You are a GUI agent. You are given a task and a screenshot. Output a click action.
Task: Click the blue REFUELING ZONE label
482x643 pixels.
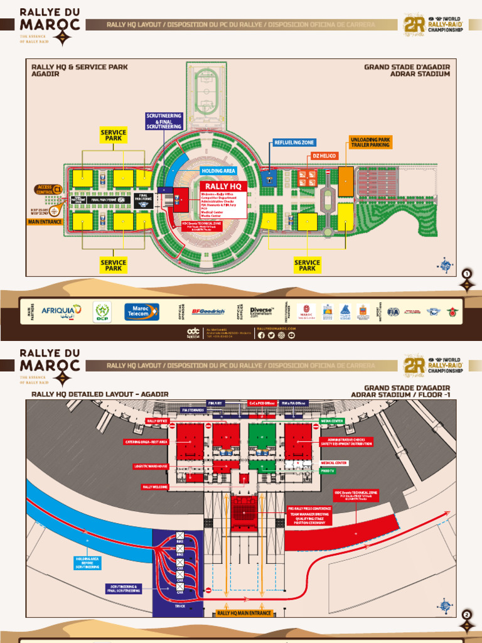pyautogui.click(x=294, y=143)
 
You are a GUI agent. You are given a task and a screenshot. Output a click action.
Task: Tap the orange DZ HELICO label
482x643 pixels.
pyautogui.click(x=324, y=155)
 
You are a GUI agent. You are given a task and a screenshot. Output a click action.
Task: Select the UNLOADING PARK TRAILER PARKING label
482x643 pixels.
pyautogui.click(x=370, y=142)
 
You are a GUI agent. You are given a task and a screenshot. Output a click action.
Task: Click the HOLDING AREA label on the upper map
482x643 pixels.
pyautogui.click(x=218, y=170)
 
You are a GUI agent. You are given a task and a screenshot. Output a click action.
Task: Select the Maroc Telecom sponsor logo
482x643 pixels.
pyautogui.click(x=141, y=311)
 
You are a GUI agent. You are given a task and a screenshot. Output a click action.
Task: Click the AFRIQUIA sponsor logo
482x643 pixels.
pyautogui.click(x=62, y=311)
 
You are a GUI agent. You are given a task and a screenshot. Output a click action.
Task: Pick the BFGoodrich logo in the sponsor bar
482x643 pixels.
pyautogui.click(x=208, y=311)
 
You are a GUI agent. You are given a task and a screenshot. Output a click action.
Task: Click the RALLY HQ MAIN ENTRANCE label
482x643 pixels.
pyautogui.click(x=244, y=613)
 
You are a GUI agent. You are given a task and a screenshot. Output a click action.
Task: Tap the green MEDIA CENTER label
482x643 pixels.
pyautogui.click(x=332, y=421)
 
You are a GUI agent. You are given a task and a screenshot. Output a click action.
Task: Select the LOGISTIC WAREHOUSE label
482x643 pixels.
pyautogui.click(x=151, y=466)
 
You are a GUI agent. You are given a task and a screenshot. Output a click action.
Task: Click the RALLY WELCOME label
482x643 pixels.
pyautogui.click(x=156, y=487)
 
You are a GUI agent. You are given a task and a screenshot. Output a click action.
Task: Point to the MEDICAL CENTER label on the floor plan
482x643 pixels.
pyautogui.click(x=334, y=463)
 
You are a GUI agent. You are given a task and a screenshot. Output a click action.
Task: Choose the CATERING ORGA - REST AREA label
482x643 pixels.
pyautogui.click(x=146, y=442)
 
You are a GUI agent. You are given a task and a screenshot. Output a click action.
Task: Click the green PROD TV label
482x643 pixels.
pyautogui.click(x=327, y=470)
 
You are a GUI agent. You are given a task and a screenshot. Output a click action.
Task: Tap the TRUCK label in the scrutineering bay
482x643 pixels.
pyautogui.click(x=179, y=606)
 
